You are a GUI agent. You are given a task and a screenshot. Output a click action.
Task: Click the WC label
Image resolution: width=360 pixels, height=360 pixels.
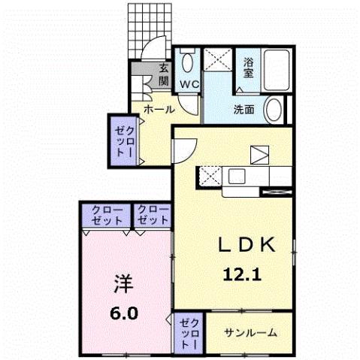pos(188,85)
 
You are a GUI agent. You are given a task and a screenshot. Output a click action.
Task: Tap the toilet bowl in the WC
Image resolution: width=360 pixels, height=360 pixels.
pos(188,59)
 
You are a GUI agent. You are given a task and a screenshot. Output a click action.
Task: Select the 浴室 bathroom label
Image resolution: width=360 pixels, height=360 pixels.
pos(249,68)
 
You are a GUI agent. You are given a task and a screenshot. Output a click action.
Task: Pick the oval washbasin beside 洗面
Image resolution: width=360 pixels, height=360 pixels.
pos(276,109)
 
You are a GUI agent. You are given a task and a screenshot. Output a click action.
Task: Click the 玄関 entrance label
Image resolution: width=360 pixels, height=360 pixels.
pos(164,76)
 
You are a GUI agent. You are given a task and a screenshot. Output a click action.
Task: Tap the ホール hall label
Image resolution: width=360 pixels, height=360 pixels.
pos(159,110)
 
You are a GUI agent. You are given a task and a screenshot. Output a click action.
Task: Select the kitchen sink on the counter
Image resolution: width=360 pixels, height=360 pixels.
pos(234,177)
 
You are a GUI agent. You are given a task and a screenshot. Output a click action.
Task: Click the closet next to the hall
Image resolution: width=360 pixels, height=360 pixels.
pos(123,138)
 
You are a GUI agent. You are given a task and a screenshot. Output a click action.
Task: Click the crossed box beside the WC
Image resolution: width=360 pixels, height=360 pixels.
pos(219,59)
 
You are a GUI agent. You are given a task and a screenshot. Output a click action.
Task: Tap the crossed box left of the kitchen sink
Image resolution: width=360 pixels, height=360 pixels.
pos(207,177)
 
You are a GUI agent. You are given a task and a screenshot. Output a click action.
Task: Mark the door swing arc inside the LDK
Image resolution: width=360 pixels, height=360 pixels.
pos(185,150)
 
